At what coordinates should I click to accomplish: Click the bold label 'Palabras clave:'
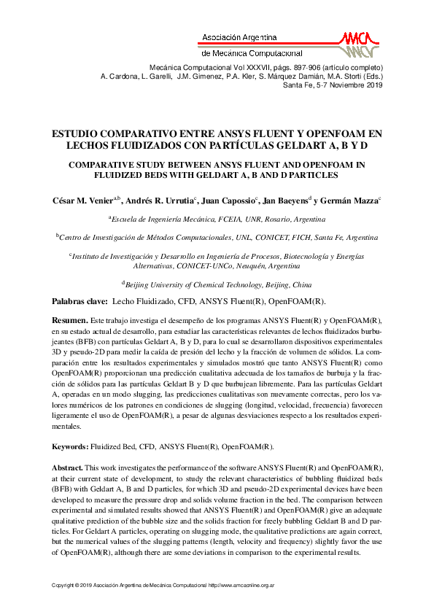pyautogui.click(x=80, y=301)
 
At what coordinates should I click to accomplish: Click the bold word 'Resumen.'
pyautogui.click(x=69, y=320)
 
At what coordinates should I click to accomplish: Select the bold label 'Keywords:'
pyautogui.click(x=70, y=446)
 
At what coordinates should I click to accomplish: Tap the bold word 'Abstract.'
pyautogui.click(x=68, y=466)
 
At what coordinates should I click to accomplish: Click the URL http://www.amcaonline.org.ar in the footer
pyautogui.click(x=241, y=585)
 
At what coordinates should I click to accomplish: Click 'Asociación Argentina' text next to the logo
pyautogui.click(x=239, y=36)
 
